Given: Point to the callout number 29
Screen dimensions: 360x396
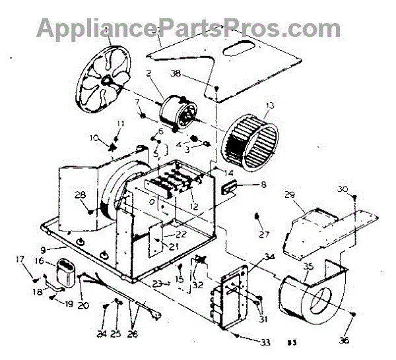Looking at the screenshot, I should (288, 196).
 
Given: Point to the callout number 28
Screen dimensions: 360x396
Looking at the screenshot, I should (79, 195).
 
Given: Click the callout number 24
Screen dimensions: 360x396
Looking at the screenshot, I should (102, 334).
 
